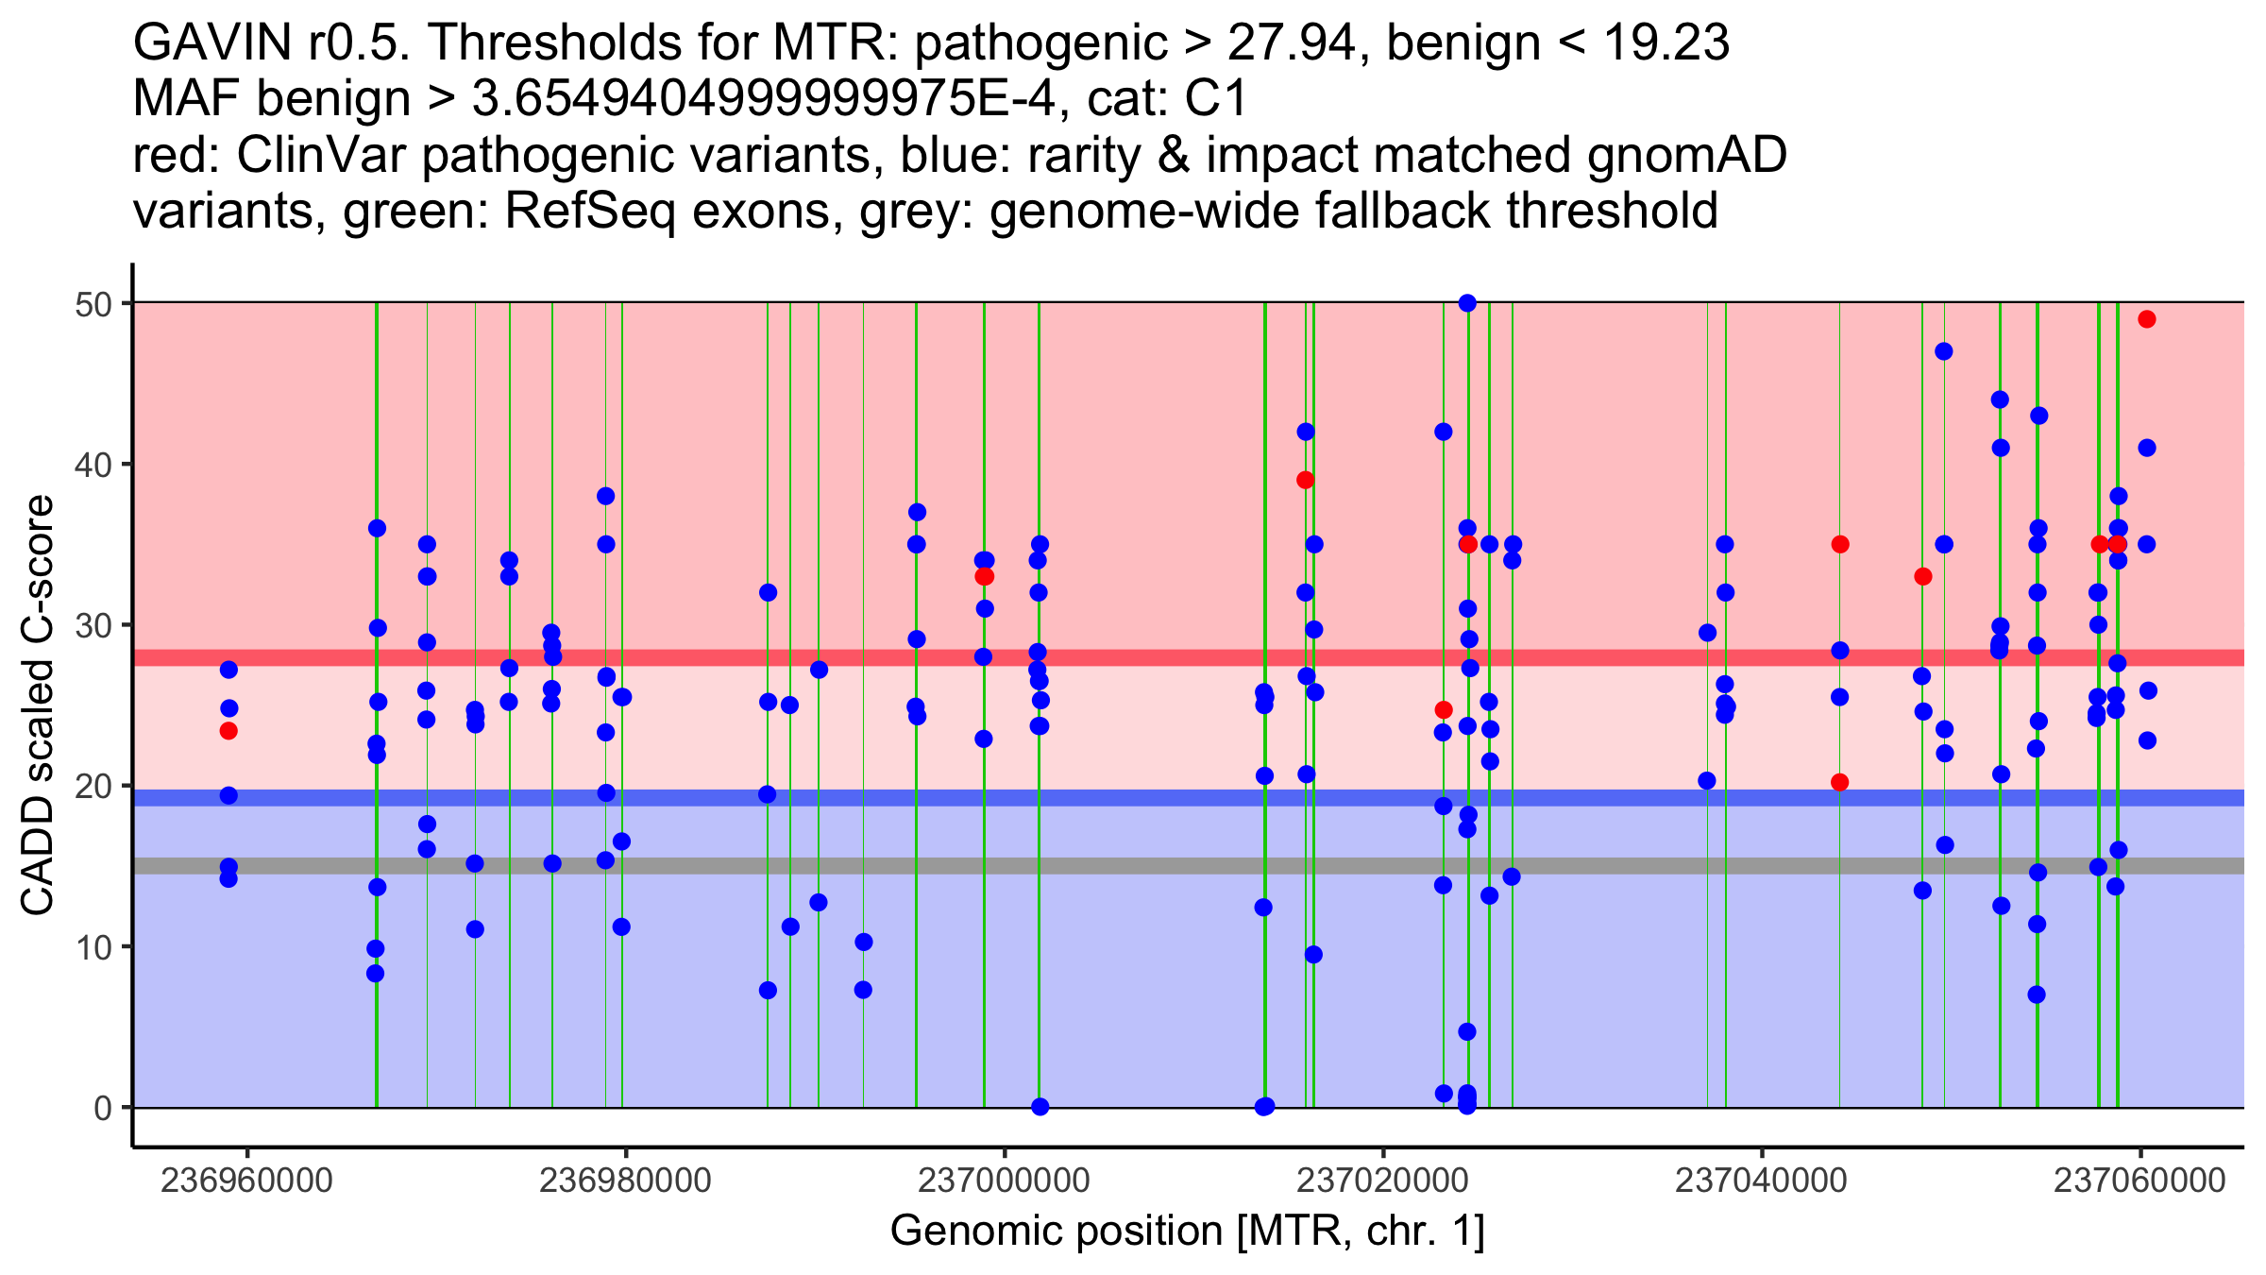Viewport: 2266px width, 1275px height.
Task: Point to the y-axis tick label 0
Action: point(102,1108)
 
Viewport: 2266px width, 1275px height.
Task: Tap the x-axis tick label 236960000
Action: point(247,1181)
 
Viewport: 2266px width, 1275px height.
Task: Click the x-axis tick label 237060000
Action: point(2139,1181)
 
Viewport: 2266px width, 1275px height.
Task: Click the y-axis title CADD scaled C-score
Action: point(38,705)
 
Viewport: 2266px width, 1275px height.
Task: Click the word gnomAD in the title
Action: point(1686,155)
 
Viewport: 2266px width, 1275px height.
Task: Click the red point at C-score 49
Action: point(2146,319)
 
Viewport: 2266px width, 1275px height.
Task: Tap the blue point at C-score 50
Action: point(1467,303)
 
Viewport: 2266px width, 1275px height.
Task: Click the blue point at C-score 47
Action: point(1943,351)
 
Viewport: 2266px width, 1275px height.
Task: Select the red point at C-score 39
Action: point(1306,480)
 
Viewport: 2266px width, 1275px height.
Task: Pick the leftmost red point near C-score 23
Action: point(228,731)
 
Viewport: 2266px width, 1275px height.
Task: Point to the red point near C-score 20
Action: point(1839,782)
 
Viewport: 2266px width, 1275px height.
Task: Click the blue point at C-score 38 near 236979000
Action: point(606,496)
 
